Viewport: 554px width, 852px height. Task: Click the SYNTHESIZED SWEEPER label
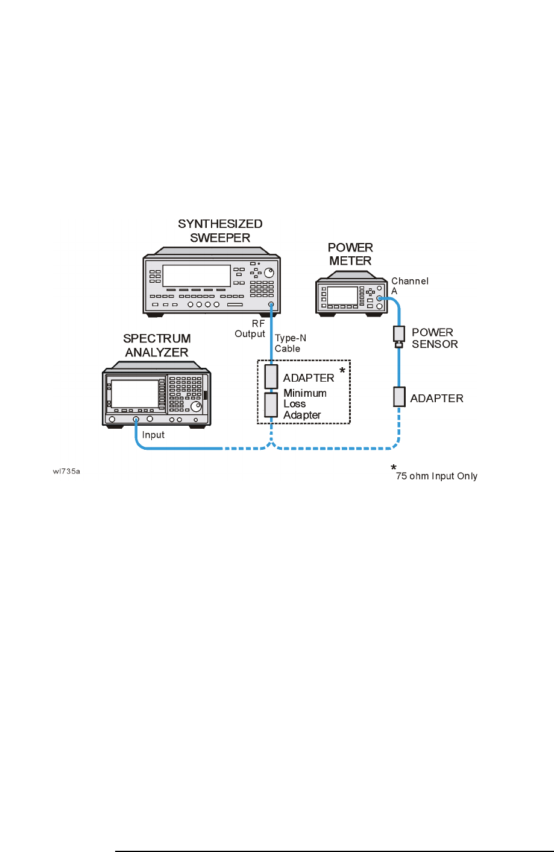220,231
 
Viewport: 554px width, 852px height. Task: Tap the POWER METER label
350,254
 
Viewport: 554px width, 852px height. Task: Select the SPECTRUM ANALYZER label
157,346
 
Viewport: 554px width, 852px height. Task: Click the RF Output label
250,329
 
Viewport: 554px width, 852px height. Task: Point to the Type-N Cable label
291,343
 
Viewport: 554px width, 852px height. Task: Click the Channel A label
409,286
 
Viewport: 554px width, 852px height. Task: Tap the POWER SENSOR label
434,338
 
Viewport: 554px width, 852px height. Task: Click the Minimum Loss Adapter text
304,404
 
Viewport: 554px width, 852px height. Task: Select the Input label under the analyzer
153,435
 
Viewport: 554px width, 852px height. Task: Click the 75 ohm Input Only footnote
436,476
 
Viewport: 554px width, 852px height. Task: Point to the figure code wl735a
66,472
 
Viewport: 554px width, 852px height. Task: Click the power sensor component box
398,334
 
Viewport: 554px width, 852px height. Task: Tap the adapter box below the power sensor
399,397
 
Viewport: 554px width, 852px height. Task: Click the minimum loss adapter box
271,405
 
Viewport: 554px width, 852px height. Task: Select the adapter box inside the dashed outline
271,377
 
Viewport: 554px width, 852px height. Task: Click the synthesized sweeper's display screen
197,276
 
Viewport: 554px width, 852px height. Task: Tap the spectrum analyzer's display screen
135,394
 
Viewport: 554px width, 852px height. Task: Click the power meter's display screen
342,295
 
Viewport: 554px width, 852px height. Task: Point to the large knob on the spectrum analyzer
197,408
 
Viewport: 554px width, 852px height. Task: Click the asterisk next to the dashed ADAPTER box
342,370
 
